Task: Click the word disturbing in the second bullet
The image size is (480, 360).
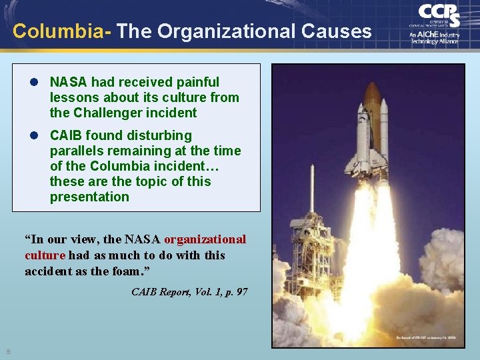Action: [x=158, y=135]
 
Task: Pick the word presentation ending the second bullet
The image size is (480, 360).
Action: [x=89, y=197]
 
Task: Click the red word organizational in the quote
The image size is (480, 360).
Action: [x=205, y=239]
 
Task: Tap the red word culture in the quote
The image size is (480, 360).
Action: [x=45, y=255]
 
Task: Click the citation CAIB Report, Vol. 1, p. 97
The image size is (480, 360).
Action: [x=189, y=292]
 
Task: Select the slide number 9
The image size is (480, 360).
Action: [x=8, y=351]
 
